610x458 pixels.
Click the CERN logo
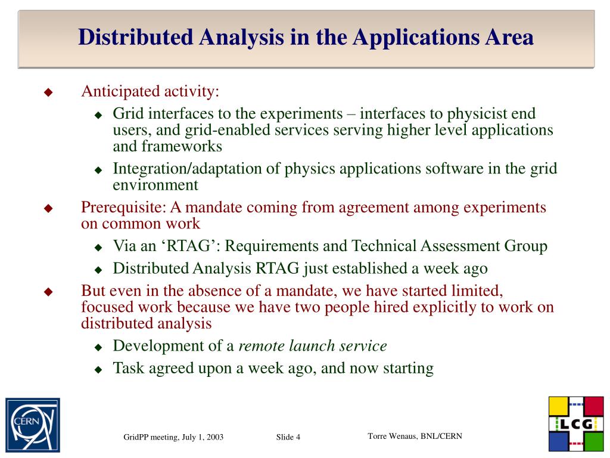point(33,424)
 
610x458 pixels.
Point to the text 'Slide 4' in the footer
point(288,438)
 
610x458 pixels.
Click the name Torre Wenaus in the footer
point(393,436)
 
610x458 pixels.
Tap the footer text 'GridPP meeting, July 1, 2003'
point(173,437)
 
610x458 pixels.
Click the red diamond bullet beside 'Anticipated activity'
point(49,92)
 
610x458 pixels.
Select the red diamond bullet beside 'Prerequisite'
point(49,208)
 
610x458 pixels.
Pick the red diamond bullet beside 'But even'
point(49,292)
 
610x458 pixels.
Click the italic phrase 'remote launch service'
point(313,346)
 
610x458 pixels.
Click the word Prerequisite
point(123,208)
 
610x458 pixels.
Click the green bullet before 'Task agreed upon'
point(99,369)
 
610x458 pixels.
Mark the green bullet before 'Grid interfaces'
point(99,114)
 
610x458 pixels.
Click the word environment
point(155,185)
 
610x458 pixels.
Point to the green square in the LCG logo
point(593,441)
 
